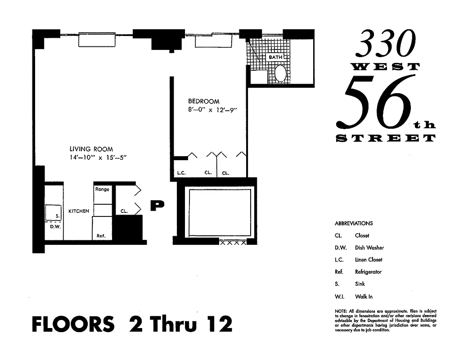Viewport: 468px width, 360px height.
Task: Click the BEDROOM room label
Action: pyautogui.click(x=203, y=101)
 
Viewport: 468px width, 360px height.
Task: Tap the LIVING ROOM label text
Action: pyautogui.click(x=91, y=149)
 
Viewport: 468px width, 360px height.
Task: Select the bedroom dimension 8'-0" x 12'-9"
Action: pyautogui.click(x=212, y=110)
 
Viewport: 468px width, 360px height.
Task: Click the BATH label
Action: pyautogui.click(x=275, y=58)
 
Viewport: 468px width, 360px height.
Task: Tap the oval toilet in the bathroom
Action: pyautogui.click(x=280, y=73)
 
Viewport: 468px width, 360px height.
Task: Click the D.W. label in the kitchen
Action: pyautogui.click(x=55, y=226)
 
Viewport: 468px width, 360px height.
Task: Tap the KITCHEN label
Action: pyautogui.click(x=79, y=211)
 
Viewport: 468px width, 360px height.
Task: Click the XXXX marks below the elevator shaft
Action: pyautogui.click(x=233, y=243)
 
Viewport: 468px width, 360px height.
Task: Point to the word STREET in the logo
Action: pyautogui.click(x=386, y=138)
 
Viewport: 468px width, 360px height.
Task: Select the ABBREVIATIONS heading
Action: pyautogui.click(x=354, y=223)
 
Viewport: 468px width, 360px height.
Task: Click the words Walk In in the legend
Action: pyautogui.click(x=364, y=297)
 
